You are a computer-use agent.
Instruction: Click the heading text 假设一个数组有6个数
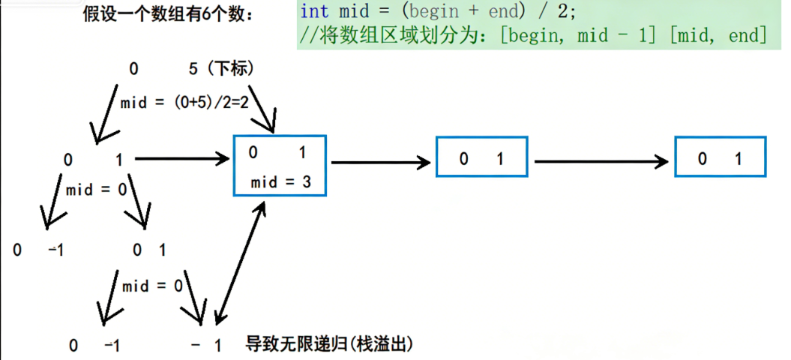tap(168, 14)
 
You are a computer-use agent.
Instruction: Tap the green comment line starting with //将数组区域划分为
tap(532, 34)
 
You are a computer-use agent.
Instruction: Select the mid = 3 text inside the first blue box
tap(280, 182)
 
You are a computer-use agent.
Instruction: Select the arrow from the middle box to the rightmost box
tap(601, 160)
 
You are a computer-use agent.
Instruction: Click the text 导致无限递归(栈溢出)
tap(330, 345)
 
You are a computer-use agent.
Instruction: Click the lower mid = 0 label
tap(152, 286)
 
